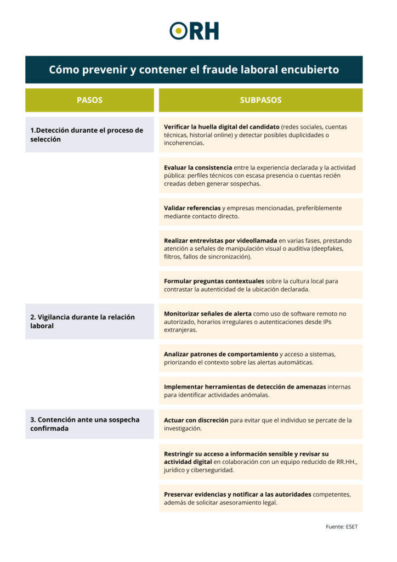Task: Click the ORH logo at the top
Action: (x=194, y=31)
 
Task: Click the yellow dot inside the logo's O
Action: (x=178, y=31)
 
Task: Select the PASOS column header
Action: (x=89, y=100)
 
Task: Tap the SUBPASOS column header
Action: (x=260, y=100)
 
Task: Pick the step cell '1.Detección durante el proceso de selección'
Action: (x=89, y=134)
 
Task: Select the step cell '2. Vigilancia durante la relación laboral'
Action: (x=89, y=321)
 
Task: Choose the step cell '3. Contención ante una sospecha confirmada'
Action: (x=89, y=424)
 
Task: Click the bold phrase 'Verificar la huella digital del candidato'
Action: (x=222, y=127)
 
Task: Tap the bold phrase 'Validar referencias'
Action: (x=192, y=208)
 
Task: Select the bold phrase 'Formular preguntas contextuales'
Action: (x=214, y=281)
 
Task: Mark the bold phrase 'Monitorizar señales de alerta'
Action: (x=208, y=314)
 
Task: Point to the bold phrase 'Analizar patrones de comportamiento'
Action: (x=221, y=354)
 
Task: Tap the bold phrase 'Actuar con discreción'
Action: (x=196, y=420)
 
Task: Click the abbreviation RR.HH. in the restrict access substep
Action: (x=347, y=462)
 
